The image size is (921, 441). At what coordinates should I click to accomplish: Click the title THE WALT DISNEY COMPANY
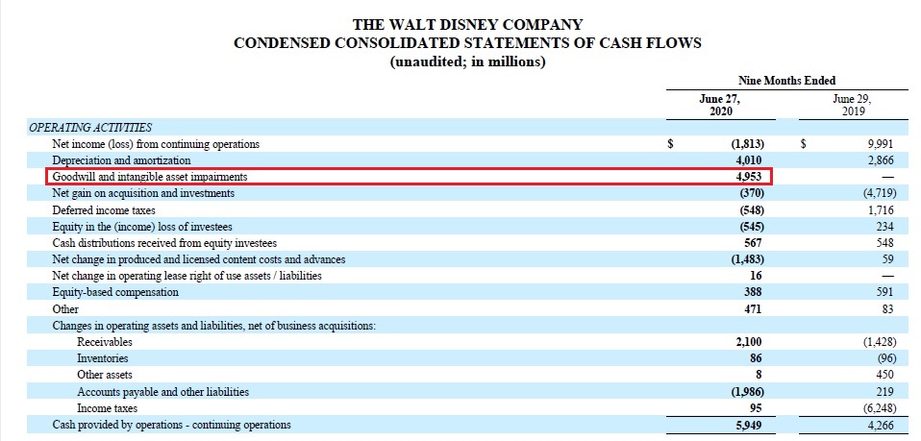tap(467, 24)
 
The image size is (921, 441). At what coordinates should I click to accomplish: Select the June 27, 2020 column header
tap(720, 105)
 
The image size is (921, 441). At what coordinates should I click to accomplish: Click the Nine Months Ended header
tap(787, 81)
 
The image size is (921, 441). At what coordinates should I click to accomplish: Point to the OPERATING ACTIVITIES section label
tap(90, 127)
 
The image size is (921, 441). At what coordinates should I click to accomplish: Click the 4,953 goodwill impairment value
tap(745, 177)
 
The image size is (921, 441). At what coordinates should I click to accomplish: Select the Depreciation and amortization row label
tap(121, 160)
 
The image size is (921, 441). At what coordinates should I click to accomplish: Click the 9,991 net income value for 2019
tap(881, 144)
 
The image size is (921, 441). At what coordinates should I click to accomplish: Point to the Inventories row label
tap(103, 358)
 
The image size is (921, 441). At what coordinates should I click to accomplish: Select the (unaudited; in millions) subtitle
tap(467, 62)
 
